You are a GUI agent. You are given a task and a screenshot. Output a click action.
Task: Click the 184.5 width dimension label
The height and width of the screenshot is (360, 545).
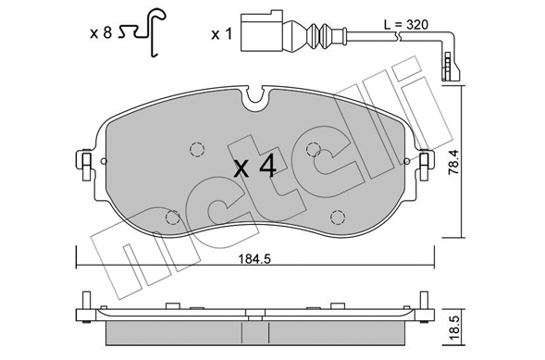click(254, 259)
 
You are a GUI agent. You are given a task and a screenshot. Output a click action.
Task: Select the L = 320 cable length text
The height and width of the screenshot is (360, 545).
click(406, 25)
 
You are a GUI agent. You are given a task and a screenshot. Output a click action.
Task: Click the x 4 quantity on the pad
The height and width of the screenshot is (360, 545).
click(255, 168)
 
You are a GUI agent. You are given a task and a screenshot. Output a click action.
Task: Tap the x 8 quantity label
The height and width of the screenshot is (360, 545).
click(101, 33)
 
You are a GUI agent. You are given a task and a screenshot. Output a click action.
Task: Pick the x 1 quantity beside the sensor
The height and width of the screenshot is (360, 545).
click(221, 34)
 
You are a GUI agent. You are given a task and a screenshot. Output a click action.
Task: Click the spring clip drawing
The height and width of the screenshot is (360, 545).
click(143, 31)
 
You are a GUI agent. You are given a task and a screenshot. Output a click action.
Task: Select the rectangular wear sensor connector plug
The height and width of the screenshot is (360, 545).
click(262, 32)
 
